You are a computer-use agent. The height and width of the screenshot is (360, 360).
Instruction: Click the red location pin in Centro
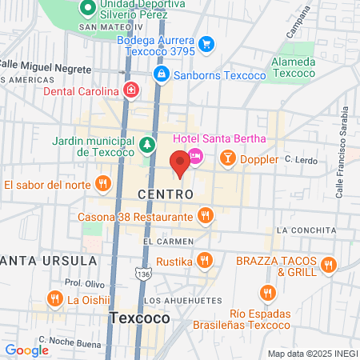coord(180,163)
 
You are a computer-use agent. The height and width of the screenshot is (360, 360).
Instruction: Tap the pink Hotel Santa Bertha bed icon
coord(194,155)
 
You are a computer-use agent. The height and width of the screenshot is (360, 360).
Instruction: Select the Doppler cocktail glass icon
coord(228,158)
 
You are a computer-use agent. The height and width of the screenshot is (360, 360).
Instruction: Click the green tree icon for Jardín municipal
coord(146,144)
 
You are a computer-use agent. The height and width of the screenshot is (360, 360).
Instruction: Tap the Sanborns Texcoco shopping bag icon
coord(162,74)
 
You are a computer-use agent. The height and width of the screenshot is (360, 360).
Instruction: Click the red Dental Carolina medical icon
coord(130,90)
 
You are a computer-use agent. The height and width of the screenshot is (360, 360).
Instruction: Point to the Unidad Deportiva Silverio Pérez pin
coord(87,10)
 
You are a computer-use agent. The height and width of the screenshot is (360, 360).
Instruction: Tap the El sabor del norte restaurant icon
coord(102,185)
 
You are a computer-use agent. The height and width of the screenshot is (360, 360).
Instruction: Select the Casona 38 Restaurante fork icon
coord(206,216)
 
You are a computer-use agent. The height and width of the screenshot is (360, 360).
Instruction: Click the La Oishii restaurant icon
coord(54,300)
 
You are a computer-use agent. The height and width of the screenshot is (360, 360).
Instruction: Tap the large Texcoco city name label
coord(140,318)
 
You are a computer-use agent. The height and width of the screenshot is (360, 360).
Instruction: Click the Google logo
coord(26,350)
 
